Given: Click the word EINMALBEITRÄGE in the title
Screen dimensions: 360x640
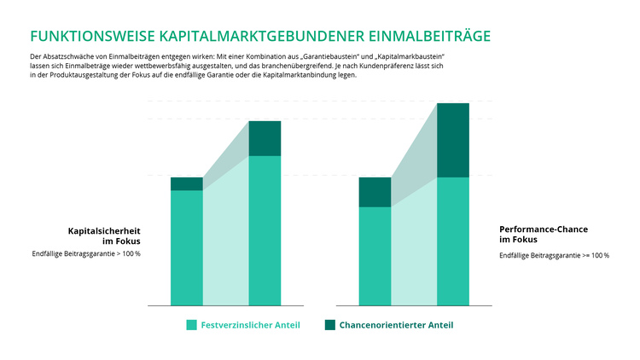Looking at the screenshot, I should click(429, 36).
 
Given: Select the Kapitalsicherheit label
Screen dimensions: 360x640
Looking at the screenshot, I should click(104, 230).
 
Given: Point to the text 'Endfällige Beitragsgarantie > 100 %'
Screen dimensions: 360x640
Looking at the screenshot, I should click(86, 253).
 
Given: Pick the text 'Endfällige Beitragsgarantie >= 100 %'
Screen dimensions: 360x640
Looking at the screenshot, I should click(554, 255).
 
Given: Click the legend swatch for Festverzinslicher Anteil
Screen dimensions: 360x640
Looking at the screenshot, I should click(192, 325).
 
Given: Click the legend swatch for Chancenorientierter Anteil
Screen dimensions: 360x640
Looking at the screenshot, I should click(330, 325).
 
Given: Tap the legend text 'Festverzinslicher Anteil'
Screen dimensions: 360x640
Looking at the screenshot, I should click(250, 325).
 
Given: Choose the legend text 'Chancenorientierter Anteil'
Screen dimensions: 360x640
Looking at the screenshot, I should click(396, 325).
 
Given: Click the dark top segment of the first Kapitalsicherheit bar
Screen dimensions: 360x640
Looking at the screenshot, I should click(187, 183).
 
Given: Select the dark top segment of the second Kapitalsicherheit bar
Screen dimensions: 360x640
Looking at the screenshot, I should click(265, 138).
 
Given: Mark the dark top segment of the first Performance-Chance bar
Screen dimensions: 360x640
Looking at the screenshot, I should click(375, 192).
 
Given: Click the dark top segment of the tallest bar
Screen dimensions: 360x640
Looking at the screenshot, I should click(453, 140).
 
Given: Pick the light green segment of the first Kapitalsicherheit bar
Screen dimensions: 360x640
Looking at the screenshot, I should click(187, 247).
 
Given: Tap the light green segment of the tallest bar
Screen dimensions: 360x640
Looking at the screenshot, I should click(453, 241).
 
